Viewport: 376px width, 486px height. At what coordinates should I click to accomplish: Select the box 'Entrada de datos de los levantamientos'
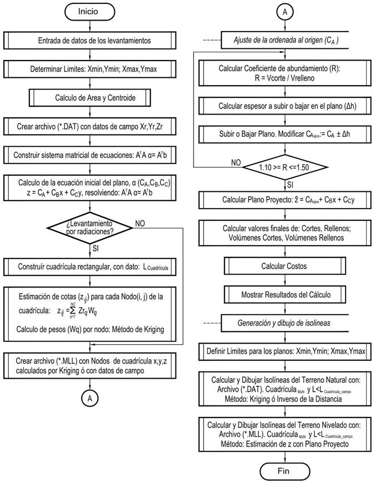coord(94,41)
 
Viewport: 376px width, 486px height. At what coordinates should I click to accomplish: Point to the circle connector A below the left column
coord(91,399)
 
